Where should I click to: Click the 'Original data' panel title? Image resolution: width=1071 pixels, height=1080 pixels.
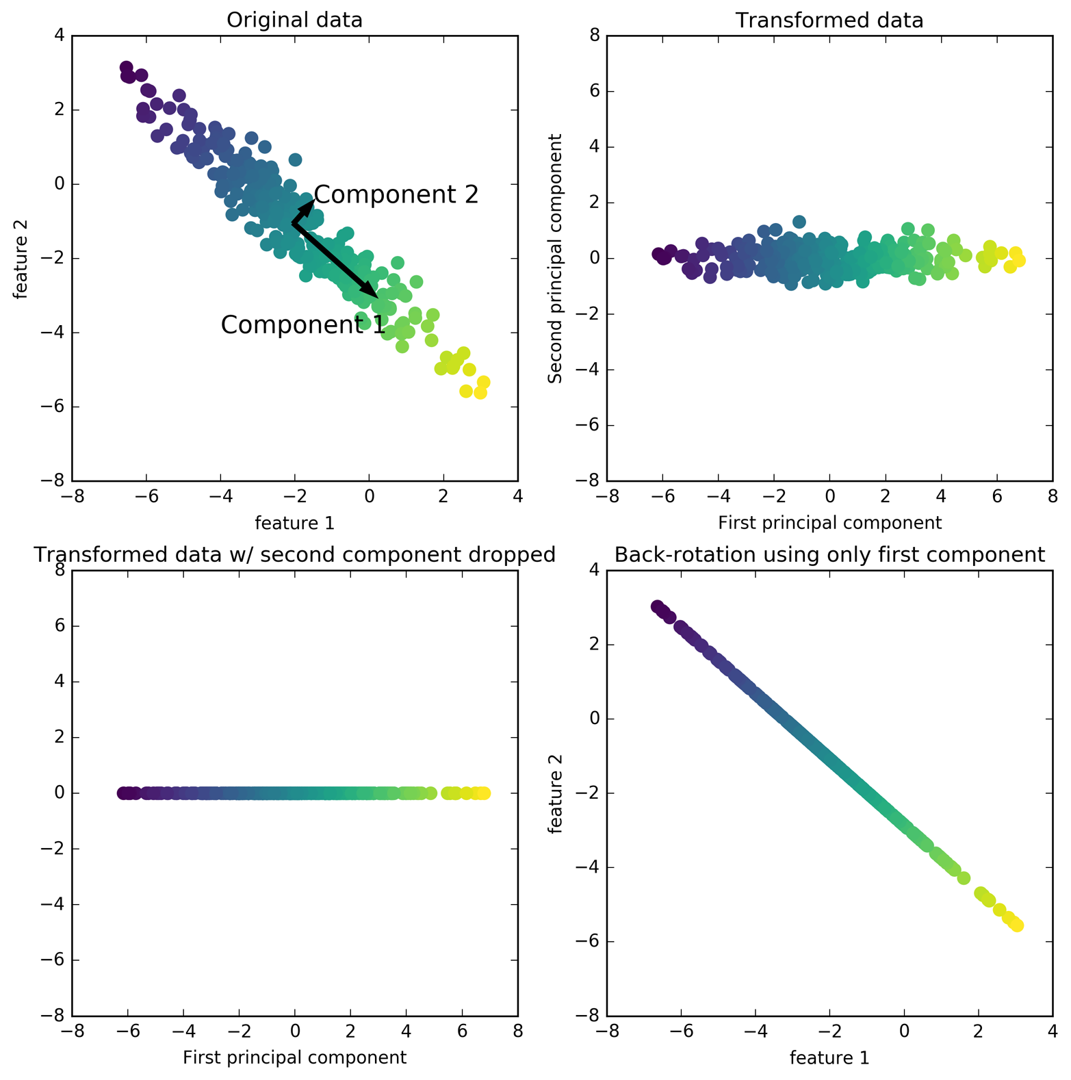[x=294, y=21]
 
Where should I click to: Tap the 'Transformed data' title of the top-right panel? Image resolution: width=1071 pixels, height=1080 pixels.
[x=829, y=21]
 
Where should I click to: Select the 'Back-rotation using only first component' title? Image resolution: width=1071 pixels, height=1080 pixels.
[x=829, y=554]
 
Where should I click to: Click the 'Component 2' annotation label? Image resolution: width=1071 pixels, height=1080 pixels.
[x=396, y=195]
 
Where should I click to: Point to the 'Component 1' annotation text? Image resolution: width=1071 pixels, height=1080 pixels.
[x=303, y=325]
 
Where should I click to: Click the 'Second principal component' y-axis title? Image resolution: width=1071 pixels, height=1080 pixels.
[x=556, y=258]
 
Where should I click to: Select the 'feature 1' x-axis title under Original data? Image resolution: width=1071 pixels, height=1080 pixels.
[x=294, y=524]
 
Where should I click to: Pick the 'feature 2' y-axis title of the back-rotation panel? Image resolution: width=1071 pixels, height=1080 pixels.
[x=556, y=793]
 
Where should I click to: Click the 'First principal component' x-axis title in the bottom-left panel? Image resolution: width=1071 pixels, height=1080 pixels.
[x=294, y=1057]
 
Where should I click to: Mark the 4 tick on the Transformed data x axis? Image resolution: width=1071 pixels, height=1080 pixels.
[x=941, y=496]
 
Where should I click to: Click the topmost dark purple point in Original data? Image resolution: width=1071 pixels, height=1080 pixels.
[x=126, y=67]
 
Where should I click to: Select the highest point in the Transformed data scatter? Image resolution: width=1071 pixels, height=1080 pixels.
[x=799, y=222]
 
